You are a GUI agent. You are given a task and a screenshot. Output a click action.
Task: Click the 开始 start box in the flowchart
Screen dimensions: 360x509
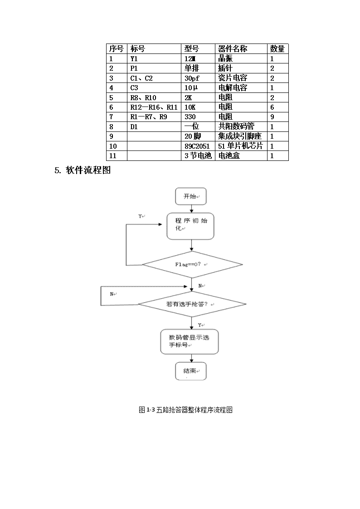[x=191, y=196]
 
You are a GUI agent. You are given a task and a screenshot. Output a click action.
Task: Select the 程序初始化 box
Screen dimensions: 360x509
[x=190, y=226]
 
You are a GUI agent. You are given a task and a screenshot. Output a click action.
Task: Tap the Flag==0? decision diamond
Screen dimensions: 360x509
[x=192, y=264]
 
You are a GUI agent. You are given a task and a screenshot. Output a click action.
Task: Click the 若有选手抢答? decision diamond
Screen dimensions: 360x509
[x=192, y=304]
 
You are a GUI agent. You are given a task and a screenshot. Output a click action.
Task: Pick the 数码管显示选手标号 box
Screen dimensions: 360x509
[x=190, y=342]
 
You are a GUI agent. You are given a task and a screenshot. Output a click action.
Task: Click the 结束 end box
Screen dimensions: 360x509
[x=191, y=371]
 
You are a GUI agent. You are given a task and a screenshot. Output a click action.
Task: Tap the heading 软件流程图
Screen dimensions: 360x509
[x=88, y=170]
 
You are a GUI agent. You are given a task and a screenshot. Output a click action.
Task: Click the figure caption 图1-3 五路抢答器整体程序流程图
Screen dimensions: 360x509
[x=186, y=410]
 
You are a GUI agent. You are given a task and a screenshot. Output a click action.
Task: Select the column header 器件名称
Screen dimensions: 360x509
[x=233, y=48]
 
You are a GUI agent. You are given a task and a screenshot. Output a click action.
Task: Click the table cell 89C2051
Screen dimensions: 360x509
[x=197, y=146]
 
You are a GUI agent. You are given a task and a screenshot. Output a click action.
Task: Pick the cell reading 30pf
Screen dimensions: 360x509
[x=192, y=78]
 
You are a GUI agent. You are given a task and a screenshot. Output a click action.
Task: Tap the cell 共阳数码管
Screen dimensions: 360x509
[x=236, y=126]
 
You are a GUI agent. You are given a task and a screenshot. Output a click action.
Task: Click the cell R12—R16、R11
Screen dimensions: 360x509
[x=154, y=107]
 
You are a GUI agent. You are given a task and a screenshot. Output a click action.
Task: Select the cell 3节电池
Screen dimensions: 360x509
[x=198, y=156]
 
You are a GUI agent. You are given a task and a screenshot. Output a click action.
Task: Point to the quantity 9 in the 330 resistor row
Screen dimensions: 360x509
[x=272, y=117]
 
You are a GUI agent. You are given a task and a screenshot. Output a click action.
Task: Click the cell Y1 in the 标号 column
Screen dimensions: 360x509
[x=134, y=59]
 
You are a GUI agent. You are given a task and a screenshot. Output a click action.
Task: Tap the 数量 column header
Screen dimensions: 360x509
[x=277, y=48]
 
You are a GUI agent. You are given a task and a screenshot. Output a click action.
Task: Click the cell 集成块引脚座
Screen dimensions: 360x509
[x=240, y=136]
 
